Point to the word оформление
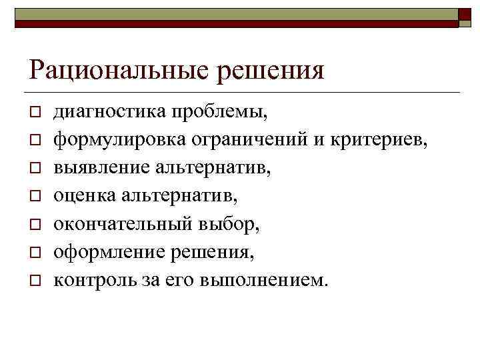(x=108, y=251)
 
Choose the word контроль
(x=94, y=279)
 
